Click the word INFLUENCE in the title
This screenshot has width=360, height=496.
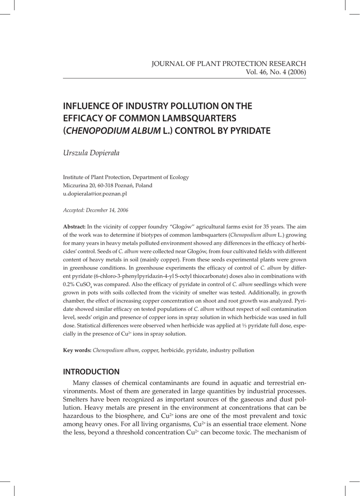click(91, 106)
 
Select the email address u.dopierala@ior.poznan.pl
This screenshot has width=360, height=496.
click(95, 193)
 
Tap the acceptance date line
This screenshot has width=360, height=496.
click(96, 210)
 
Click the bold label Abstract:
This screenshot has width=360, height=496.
click(75, 227)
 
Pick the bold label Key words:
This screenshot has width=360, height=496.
click(77, 350)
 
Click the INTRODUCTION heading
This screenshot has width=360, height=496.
click(92, 372)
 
